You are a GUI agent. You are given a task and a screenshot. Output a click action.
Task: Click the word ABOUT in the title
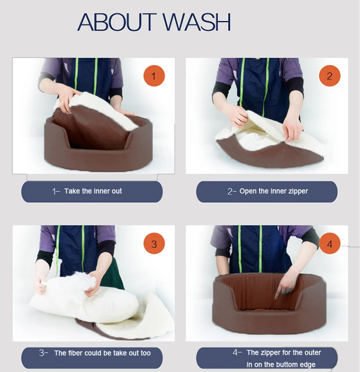click(x=117, y=22)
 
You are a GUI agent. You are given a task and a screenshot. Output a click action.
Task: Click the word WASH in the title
click(x=196, y=22)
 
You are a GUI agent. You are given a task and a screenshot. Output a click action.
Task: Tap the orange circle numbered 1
click(x=154, y=76)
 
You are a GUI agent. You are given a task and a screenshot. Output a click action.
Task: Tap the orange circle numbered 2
click(x=330, y=76)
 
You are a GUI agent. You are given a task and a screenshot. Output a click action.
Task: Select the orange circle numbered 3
click(x=154, y=244)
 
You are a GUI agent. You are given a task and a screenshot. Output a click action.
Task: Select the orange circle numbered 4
click(x=330, y=244)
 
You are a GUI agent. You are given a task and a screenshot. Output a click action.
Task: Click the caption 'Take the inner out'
click(x=93, y=191)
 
